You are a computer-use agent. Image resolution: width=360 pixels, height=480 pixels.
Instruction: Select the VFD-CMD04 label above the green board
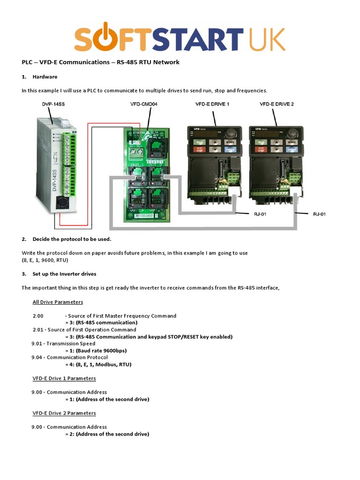(x=144, y=104)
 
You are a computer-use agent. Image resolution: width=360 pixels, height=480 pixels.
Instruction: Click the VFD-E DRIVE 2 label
(x=277, y=104)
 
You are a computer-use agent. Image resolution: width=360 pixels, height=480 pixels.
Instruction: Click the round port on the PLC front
(x=61, y=203)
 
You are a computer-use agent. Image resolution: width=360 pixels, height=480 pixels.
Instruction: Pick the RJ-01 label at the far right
(x=319, y=214)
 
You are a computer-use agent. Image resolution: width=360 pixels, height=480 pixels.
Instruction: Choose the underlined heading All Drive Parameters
(x=57, y=302)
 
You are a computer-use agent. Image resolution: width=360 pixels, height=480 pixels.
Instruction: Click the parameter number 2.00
(x=38, y=316)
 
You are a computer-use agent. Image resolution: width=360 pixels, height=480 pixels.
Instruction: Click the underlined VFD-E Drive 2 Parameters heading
(x=64, y=413)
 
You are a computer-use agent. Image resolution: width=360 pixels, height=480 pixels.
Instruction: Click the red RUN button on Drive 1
(x=200, y=142)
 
